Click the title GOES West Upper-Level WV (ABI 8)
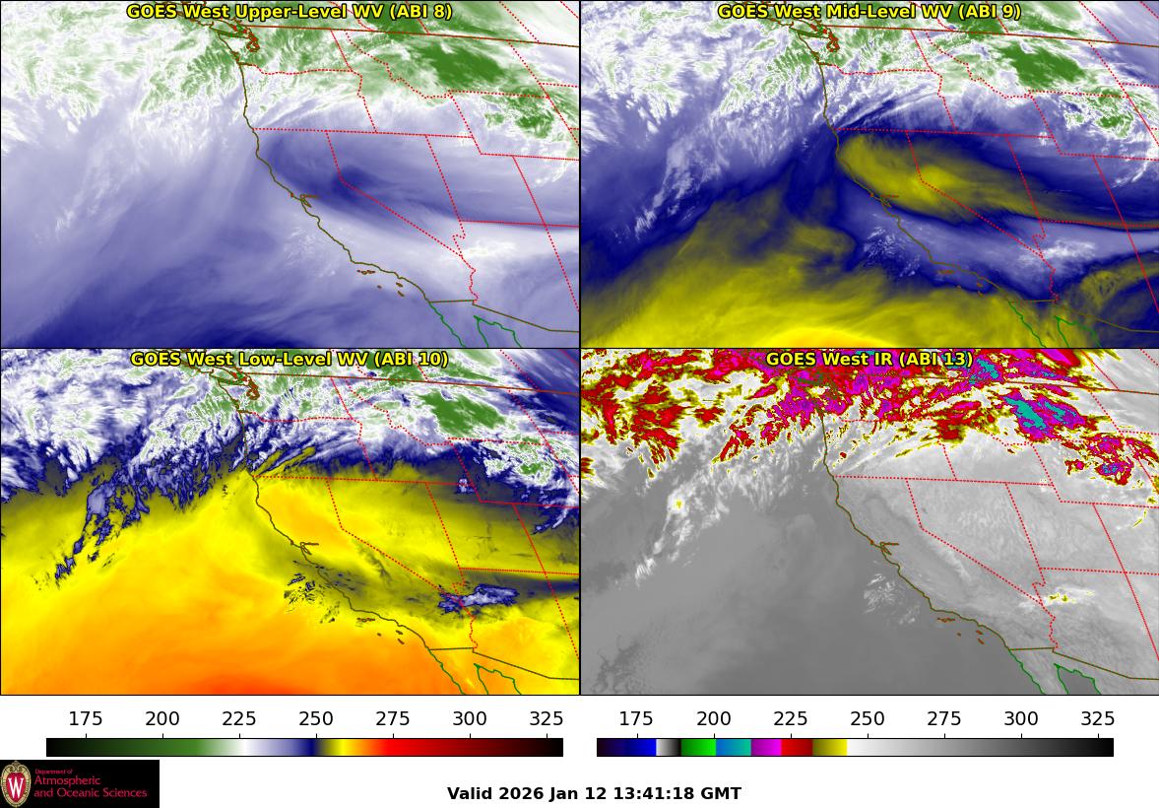[x=289, y=12]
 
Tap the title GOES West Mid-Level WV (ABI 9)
[x=869, y=12]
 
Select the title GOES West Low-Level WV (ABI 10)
[x=289, y=360]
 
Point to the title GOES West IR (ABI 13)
[x=869, y=360]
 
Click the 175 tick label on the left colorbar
[x=86, y=718]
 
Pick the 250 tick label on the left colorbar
[x=316, y=718]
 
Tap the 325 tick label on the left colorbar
[x=547, y=718]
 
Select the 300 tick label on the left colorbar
[x=470, y=718]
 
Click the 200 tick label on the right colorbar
[x=714, y=718]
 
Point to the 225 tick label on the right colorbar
[x=791, y=718]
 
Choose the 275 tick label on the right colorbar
[x=944, y=718]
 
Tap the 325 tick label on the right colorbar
[x=1098, y=718]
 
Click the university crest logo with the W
[x=16, y=784]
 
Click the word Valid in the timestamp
[x=468, y=794]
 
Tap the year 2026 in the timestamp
[x=518, y=794]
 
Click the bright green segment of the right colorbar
[x=697, y=747]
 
